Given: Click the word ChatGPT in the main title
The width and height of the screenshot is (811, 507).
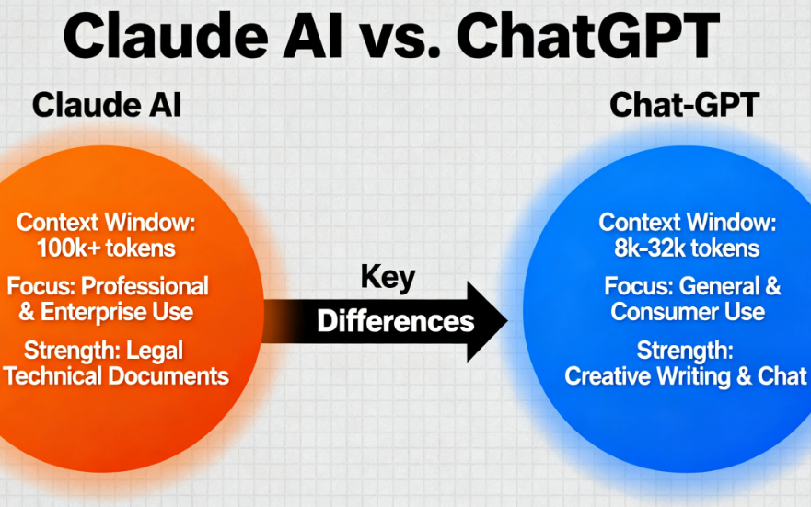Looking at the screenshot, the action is click(587, 36).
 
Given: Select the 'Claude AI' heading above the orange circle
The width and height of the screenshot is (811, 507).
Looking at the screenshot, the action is click(107, 105).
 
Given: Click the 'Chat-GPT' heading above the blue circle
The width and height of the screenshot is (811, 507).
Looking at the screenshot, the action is click(684, 105).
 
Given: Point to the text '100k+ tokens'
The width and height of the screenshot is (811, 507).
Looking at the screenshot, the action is click(106, 248).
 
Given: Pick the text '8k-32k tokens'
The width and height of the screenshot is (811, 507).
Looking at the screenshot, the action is click(687, 248).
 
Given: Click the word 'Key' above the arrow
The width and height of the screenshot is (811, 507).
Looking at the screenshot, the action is click(388, 278).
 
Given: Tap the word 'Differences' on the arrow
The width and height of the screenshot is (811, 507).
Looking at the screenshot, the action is click(396, 321).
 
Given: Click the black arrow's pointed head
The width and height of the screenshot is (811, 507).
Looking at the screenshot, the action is click(506, 321).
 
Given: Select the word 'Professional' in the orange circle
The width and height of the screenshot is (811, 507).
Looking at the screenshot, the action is click(145, 286).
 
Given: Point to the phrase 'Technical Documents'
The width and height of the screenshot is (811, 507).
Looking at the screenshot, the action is click(116, 375).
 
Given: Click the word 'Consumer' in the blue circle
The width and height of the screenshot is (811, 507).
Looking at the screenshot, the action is click(655, 312).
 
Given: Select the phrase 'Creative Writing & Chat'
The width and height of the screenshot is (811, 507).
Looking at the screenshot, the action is click(686, 376).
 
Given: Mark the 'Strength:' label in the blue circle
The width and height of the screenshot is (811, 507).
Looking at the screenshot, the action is click(685, 351).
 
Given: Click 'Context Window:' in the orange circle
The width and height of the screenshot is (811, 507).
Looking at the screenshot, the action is click(106, 223).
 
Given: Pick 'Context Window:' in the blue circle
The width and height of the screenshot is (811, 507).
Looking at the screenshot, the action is click(688, 223).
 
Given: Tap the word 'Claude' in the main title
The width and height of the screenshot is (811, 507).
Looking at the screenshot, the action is click(166, 36).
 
